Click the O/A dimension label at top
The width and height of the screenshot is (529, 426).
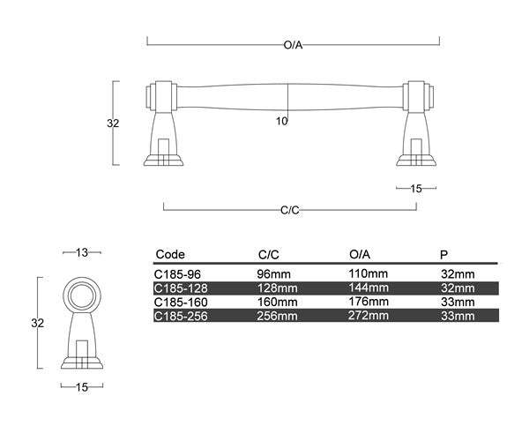coord(294,44)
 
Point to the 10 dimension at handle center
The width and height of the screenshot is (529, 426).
coord(281,122)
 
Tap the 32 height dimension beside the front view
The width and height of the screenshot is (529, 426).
coord(113,123)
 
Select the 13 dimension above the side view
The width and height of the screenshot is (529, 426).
coord(82,252)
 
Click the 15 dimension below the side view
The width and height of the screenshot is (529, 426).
coord(83,386)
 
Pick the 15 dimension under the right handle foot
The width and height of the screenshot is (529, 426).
coord(417,188)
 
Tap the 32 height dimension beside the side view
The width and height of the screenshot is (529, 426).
coord(37,323)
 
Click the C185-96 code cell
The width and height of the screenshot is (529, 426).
coord(179,274)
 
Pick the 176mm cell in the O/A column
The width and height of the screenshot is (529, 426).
coord(369,302)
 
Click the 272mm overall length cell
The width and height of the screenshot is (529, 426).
coord(369,315)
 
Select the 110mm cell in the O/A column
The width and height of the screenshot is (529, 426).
coord(369,274)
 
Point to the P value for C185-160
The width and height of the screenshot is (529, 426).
coord(458,302)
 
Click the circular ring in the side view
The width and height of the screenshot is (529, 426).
coord(82,295)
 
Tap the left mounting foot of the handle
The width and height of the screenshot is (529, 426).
coord(163,132)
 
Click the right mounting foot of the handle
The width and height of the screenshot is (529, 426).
coord(417,132)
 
